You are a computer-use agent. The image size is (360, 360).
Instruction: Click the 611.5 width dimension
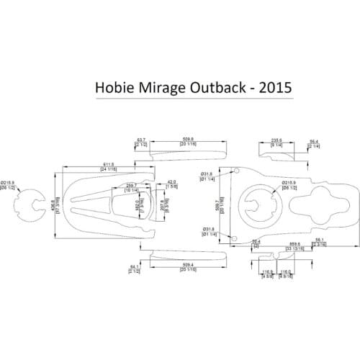click(108, 166)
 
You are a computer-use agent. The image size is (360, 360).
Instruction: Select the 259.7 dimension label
click(131, 185)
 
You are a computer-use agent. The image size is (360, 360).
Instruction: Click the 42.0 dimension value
click(171, 182)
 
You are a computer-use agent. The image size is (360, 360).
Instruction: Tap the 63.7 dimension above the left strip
click(141, 139)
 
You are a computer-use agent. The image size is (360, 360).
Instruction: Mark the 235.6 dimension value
click(276, 140)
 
